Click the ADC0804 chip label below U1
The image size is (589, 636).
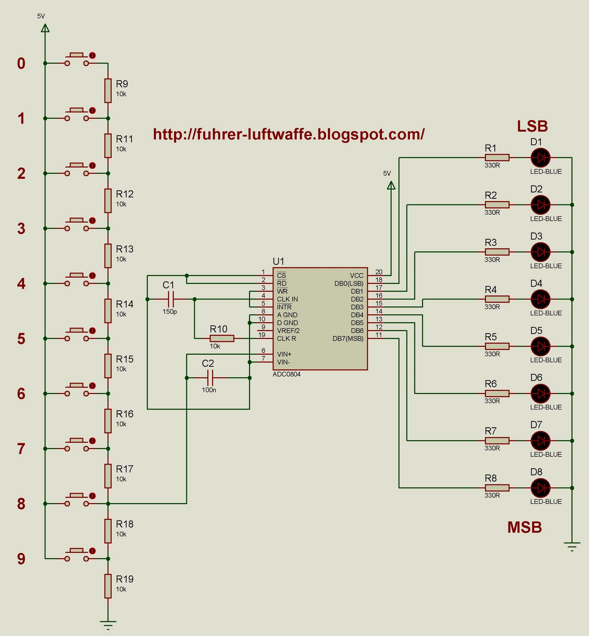coord(287,374)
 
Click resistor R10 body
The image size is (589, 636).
coord(222,338)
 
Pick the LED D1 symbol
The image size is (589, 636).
coord(541,158)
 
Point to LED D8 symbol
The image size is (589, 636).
coord(541,488)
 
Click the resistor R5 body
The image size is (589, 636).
coord(497,346)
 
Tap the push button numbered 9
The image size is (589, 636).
coord(77,555)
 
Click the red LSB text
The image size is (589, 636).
coord(532,126)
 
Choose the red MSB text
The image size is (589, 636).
coord(525,527)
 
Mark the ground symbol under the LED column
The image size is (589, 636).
coord(572,546)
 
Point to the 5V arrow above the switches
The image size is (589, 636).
coord(45,28)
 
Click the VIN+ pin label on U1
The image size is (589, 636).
coord(284,354)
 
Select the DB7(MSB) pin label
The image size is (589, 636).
coord(348,339)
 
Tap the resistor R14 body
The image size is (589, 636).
coord(108,311)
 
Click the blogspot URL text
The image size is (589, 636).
coord(289,134)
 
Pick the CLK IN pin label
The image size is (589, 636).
coord(287,299)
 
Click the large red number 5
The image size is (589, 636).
coord(21,339)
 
